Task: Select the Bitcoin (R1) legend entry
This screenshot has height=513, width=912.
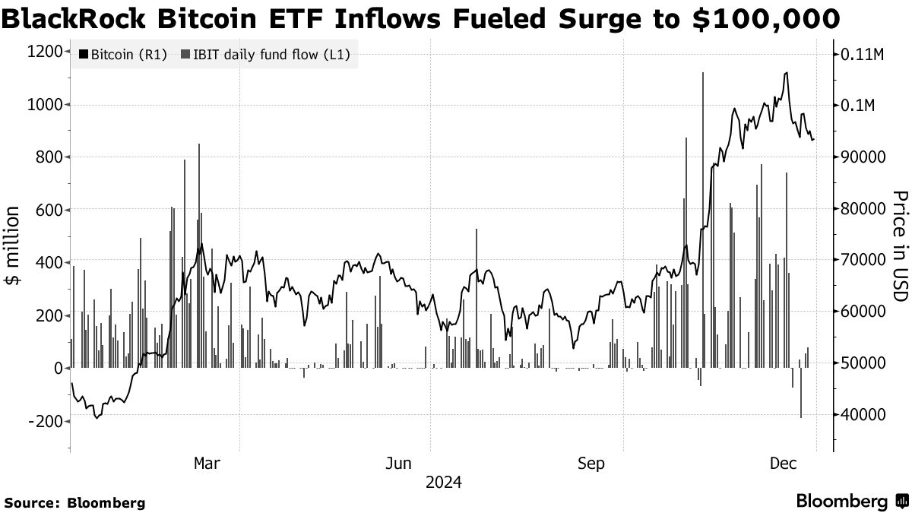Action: [x=122, y=54]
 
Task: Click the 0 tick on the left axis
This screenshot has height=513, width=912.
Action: [x=58, y=368]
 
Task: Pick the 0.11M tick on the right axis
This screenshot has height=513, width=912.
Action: [x=862, y=55]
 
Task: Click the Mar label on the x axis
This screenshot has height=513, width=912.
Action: [x=207, y=463]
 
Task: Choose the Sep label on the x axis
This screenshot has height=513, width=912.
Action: [x=591, y=463]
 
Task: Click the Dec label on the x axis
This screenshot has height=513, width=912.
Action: [x=783, y=463]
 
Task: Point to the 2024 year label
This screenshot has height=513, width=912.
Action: [x=443, y=482]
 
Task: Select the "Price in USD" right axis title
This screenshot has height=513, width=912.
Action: [x=900, y=245]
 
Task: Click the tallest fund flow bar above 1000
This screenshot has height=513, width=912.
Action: [x=703, y=220]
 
